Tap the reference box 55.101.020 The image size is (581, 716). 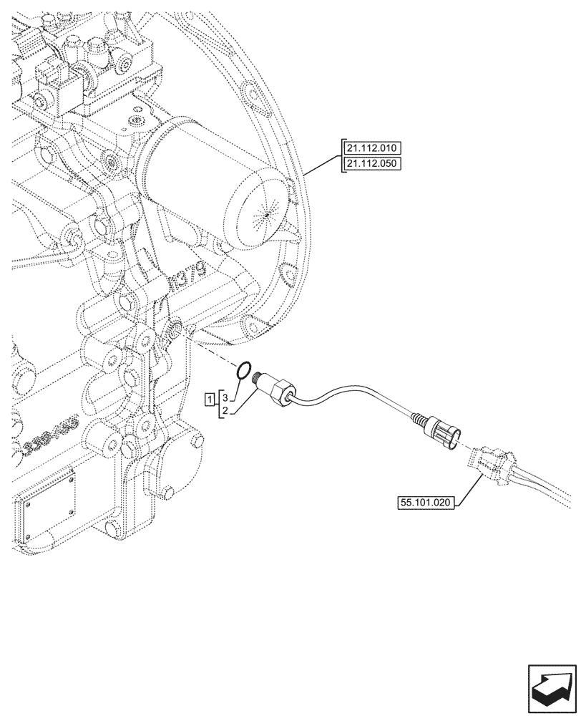[x=424, y=503]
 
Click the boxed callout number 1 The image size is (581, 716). [x=209, y=399]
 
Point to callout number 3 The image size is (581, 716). [x=224, y=396]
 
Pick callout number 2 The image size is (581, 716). [x=224, y=411]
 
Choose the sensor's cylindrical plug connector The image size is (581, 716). [x=445, y=433]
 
